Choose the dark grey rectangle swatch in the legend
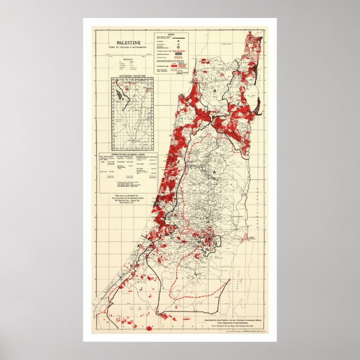[x=178, y=53]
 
